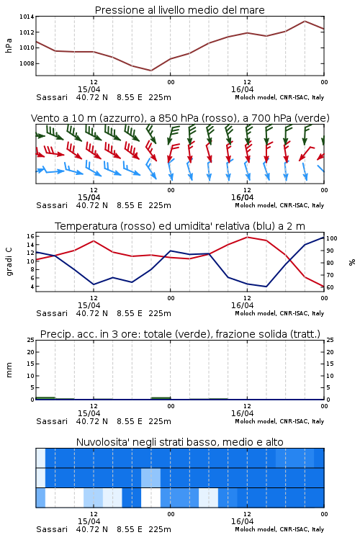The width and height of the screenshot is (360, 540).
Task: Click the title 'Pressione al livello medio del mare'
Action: tap(179, 10)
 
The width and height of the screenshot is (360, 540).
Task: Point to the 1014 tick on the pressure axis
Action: tap(27, 17)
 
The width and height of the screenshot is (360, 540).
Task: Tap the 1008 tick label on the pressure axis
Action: tap(27, 63)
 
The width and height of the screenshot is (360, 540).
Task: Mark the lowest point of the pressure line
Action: tap(151, 71)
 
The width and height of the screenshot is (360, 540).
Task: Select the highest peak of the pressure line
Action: tap(305, 21)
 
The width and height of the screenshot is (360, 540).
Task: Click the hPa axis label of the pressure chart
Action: tap(9, 45)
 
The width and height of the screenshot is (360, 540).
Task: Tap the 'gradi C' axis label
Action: tap(9, 262)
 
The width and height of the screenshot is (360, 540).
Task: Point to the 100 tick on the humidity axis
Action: tap(332, 238)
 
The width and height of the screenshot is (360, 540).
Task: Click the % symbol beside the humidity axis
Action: tap(352, 262)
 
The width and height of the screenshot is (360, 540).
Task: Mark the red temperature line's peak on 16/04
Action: tap(248, 237)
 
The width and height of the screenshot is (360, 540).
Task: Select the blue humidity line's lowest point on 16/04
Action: tap(266, 287)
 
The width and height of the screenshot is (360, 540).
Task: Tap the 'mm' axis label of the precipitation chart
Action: tap(9, 370)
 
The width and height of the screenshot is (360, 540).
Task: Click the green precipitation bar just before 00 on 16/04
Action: tap(161, 398)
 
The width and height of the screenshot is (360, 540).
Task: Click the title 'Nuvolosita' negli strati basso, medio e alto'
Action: tap(179, 442)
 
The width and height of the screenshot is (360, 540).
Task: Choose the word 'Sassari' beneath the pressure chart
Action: tap(52, 97)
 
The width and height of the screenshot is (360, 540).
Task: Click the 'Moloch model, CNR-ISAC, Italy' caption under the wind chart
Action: tap(279, 206)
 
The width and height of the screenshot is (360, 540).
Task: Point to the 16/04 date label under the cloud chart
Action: tap(242, 521)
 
